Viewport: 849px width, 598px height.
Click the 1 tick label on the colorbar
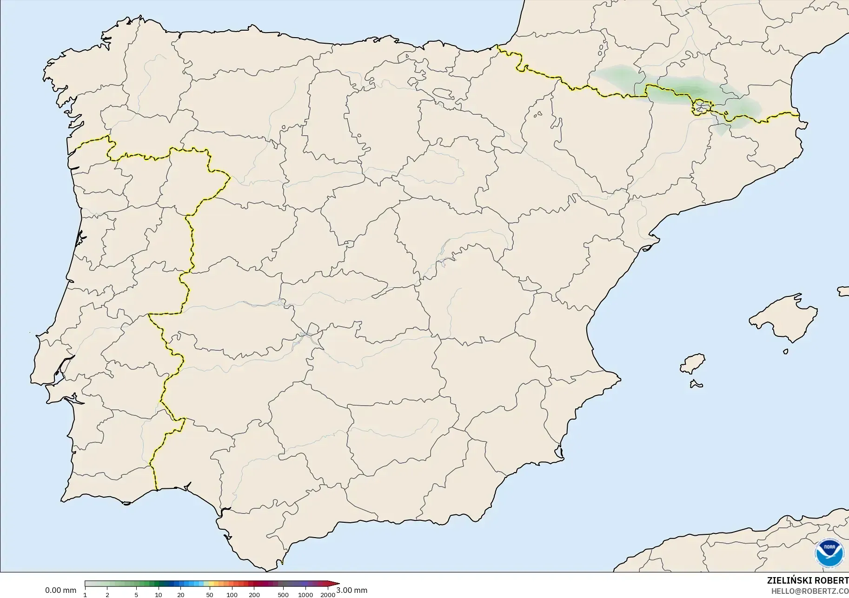coord(85,595)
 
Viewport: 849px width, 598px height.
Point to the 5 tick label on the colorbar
coord(136,595)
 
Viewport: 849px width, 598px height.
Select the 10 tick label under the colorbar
coord(159,595)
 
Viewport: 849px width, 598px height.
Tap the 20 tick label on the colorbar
coord(181,595)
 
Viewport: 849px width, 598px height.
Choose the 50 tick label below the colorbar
coord(210,595)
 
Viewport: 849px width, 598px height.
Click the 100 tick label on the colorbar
coord(232,595)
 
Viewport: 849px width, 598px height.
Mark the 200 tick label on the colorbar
coord(254,595)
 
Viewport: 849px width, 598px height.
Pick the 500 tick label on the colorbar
coord(283,595)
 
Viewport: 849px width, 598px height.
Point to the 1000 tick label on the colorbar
coord(305,595)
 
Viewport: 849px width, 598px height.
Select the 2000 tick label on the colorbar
coord(328,595)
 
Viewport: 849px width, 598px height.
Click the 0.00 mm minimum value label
coord(60,591)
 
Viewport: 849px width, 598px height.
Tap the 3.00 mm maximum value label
coord(352,591)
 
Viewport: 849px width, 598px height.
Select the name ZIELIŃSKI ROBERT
coord(808,581)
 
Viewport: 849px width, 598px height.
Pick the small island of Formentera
coord(696,384)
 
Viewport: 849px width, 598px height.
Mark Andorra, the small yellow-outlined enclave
coord(702,107)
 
